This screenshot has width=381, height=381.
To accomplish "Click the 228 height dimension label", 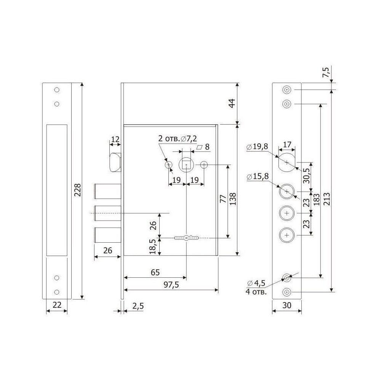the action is point(77,190).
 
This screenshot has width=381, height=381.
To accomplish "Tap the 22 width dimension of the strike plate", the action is point(57,305).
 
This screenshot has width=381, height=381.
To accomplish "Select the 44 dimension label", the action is point(232,103).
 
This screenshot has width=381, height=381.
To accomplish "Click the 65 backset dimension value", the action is point(155,272).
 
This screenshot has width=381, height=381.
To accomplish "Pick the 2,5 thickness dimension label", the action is point(138,306).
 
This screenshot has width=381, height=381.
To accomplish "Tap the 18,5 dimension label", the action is point(153,247).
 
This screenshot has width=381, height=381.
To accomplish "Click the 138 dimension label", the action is point(232,199).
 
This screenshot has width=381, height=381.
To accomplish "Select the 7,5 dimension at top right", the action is point(326,72).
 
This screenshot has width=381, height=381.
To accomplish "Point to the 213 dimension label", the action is point(327,199).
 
